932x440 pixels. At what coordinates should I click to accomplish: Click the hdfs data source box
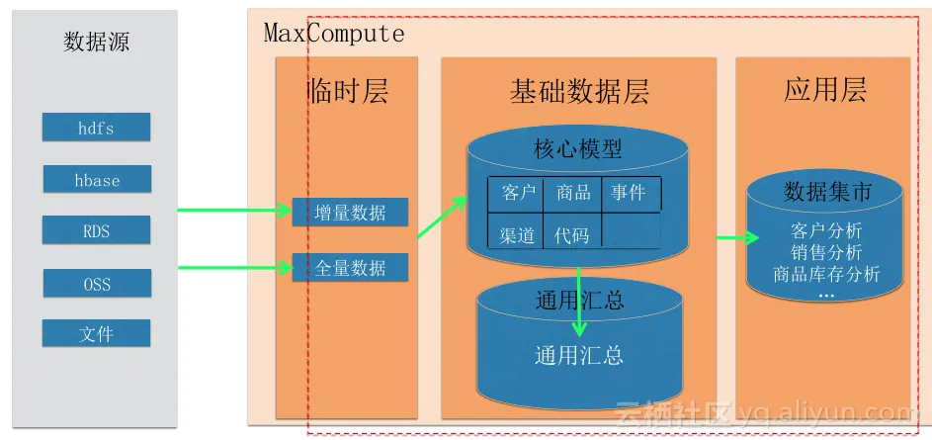point(96,128)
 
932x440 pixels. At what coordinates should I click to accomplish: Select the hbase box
point(97,180)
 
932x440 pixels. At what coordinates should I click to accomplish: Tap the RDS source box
point(96,231)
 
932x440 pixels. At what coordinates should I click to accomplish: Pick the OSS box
point(96,284)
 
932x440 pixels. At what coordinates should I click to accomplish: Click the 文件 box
point(96,334)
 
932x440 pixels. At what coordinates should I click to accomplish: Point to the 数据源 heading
point(96,42)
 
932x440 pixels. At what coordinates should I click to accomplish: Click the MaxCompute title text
point(334,34)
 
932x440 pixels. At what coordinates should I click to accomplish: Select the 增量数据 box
point(349,212)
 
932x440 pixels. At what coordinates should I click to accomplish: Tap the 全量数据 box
point(349,267)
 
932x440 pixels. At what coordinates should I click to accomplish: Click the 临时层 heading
point(347,92)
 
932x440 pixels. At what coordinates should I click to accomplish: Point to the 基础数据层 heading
point(579,92)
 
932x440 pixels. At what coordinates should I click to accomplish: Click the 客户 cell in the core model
point(516,193)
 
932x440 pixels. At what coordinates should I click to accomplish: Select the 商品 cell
point(572,193)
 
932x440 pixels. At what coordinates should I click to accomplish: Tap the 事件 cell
point(630,193)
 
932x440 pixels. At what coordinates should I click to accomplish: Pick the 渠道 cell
point(516,234)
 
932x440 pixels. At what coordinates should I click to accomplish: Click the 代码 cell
point(572,234)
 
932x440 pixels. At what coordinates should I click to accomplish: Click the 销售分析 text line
point(826,253)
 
